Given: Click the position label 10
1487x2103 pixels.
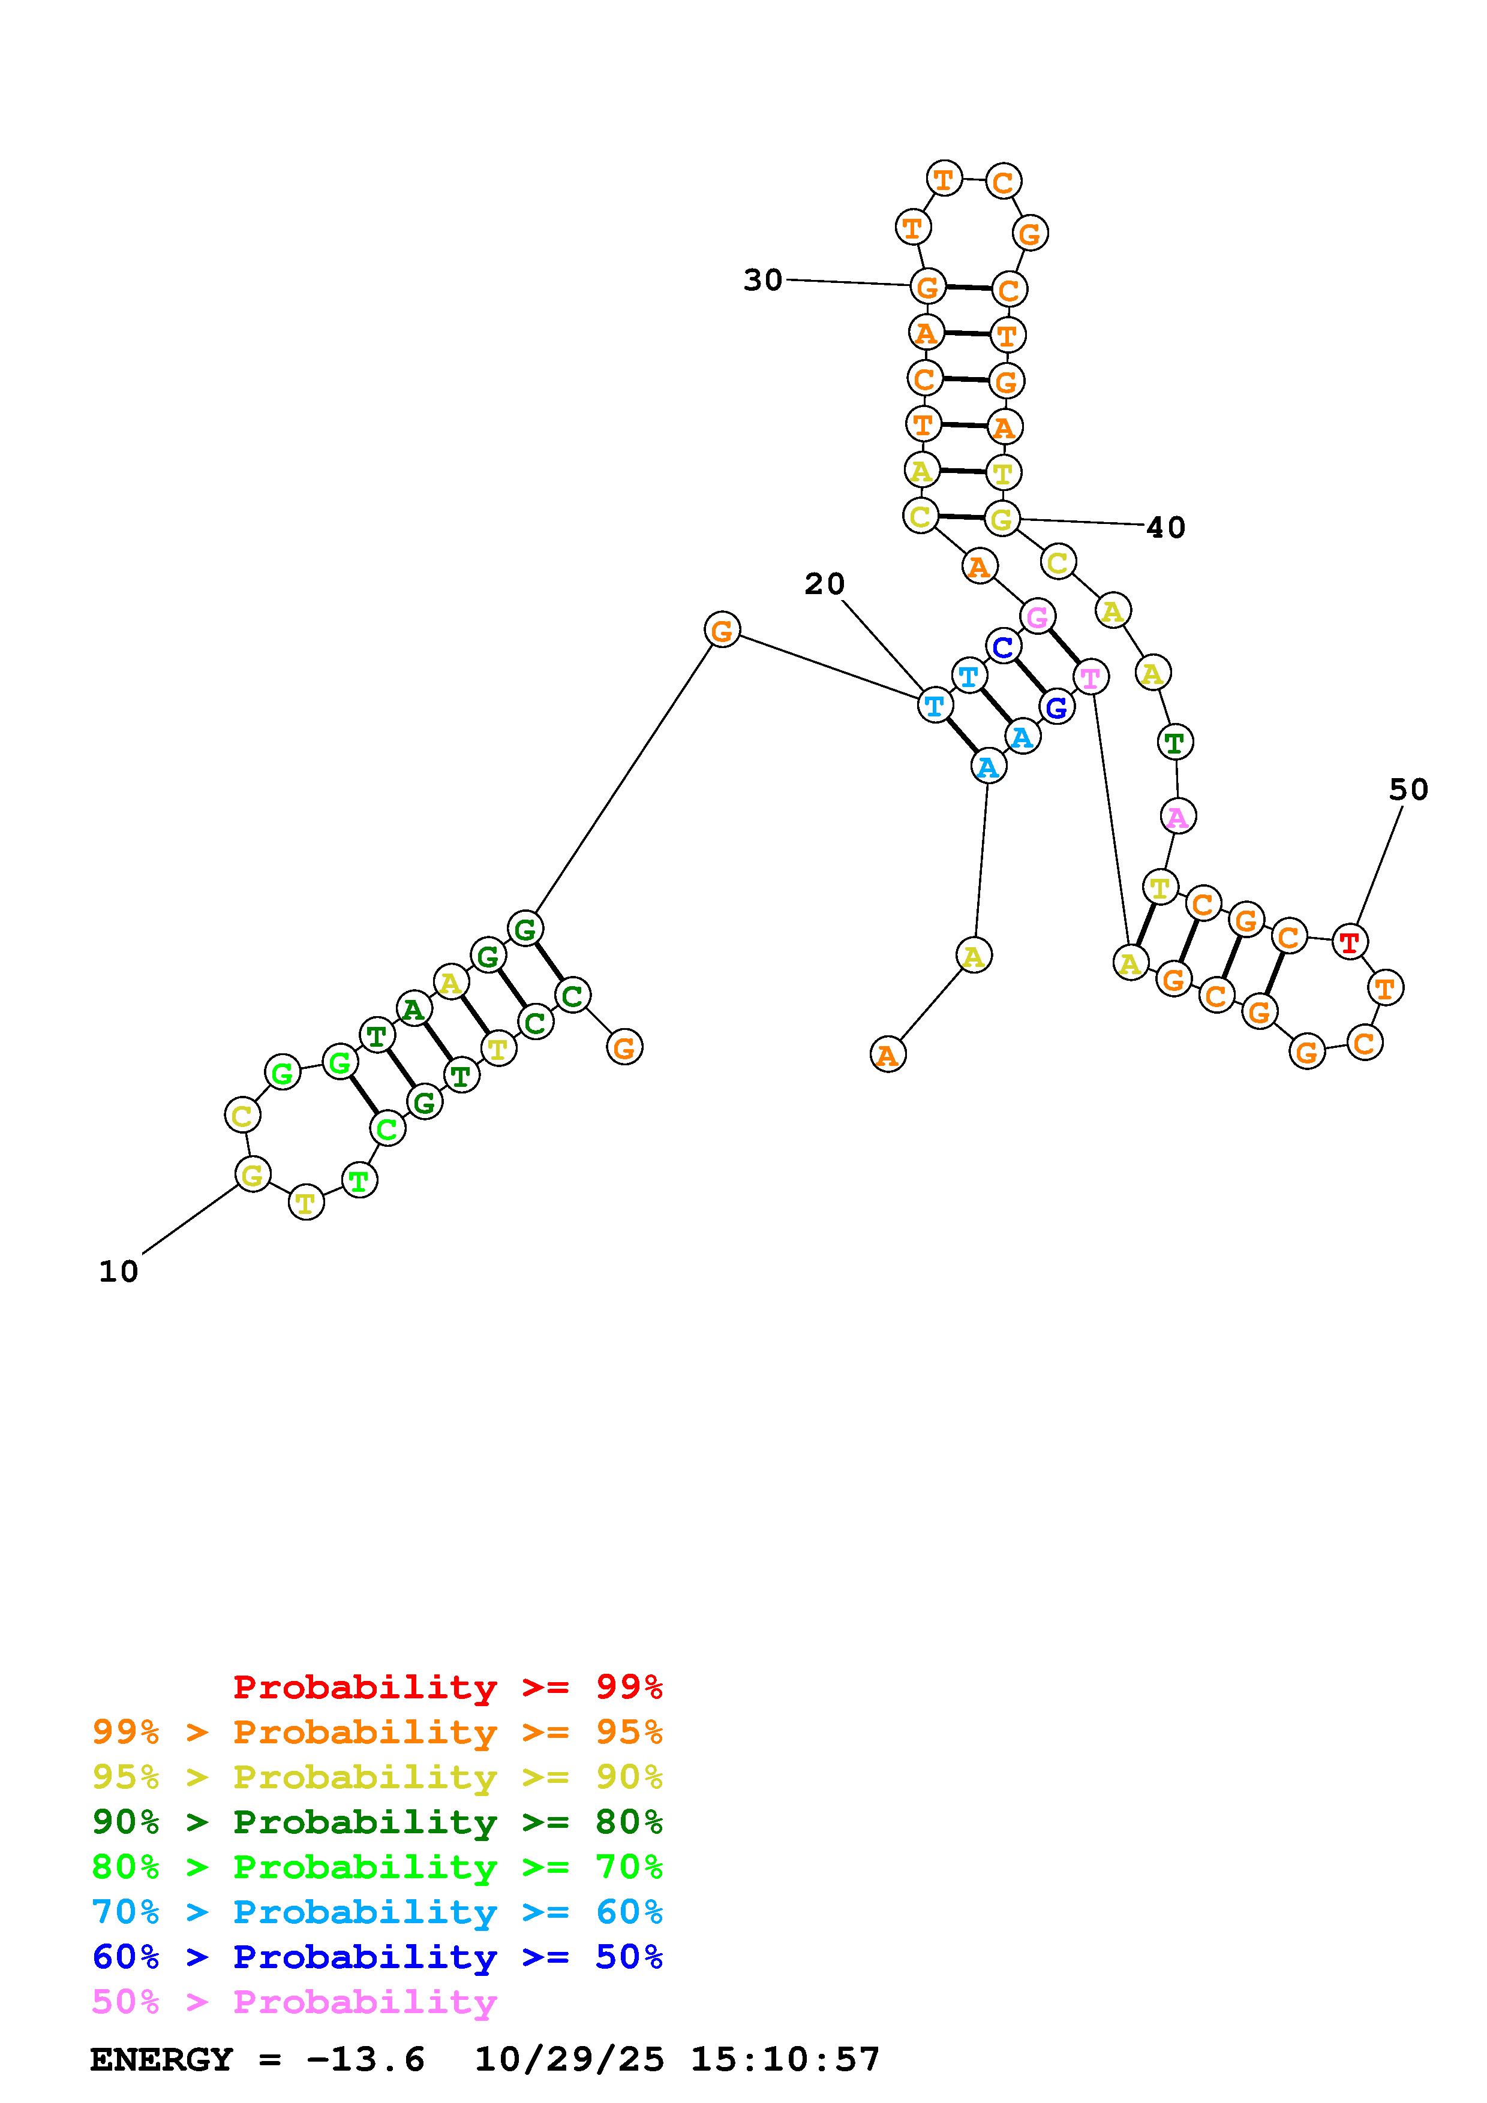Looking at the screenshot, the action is pyautogui.click(x=118, y=1272).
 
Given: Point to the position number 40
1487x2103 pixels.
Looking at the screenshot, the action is pyautogui.click(x=1165, y=528).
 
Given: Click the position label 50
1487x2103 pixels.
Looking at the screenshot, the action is pyautogui.click(x=1408, y=790).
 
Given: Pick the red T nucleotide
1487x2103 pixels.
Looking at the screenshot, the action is pyautogui.click(x=1348, y=942).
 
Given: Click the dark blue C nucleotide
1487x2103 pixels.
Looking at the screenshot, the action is pyautogui.click(x=1004, y=647).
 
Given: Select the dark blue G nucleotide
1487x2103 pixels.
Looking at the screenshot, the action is pyautogui.click(x=1056, y=707).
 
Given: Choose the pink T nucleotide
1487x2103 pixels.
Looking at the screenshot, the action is pyautogui.click(x=1091, y=678).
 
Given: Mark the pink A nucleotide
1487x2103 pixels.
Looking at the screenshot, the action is pyautogui.click(x=1177, y=816).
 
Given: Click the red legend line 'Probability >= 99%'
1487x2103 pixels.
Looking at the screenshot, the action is pyautogui.click(x=448, y=1687).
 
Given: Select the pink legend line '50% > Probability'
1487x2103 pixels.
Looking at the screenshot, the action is pyautogui.click(x=294, y=2002).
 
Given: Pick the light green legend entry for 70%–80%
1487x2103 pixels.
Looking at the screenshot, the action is pyautogui.click(x=377, y=1867).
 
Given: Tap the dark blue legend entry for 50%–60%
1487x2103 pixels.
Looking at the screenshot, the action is pyautogui.click(x=377, y=1957).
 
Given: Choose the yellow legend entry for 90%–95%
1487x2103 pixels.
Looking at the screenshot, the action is pyautogui.click(x=377, y=1777).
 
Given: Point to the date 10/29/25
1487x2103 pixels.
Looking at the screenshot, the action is pyautogui.click(x=569, y=2060).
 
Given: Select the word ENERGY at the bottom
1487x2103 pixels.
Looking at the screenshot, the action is pyautogui.click(x=161, y=2060).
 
